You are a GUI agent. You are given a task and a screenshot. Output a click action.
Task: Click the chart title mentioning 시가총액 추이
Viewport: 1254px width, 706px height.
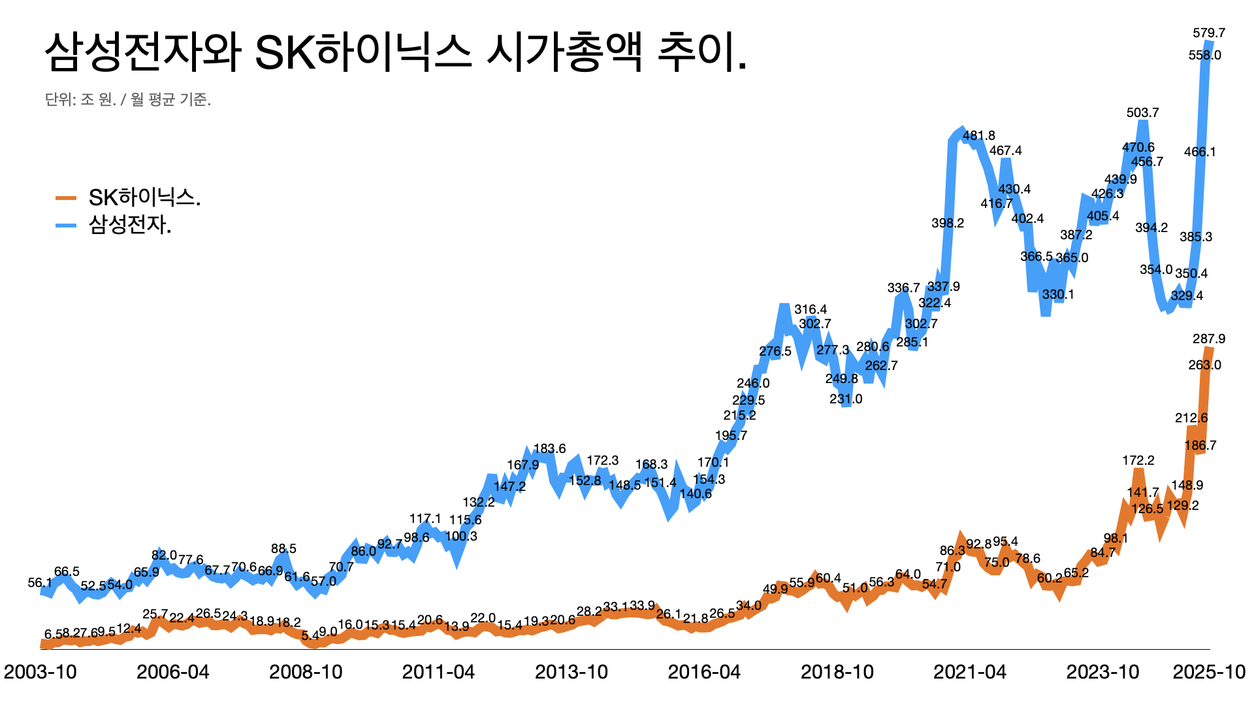coord(395,52)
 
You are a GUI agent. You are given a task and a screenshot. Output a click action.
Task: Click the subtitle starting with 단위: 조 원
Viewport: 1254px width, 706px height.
coord(128,99)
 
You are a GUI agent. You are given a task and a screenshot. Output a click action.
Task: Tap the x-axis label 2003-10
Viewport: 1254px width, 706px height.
coord(40,671)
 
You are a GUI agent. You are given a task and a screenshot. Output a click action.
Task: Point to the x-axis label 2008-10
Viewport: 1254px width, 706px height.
coord(306,671)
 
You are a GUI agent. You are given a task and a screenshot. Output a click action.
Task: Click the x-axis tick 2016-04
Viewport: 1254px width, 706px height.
coord(704,671)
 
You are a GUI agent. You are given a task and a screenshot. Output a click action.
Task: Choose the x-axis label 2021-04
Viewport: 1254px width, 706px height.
coord(970,671)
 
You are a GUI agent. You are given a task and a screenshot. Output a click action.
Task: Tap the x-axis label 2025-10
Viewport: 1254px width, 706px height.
coord(1209,671)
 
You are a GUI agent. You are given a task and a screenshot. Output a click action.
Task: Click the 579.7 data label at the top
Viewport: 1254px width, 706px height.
coord(1209,33)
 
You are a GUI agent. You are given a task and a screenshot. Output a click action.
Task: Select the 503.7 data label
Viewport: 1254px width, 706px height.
coord(1143,112)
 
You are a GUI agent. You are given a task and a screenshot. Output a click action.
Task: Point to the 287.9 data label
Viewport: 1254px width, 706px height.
coord(1209,339)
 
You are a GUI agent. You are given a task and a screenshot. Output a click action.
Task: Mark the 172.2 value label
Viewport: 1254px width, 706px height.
coord(1138,460)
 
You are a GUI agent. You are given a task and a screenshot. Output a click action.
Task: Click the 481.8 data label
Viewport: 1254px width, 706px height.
coord(979,135)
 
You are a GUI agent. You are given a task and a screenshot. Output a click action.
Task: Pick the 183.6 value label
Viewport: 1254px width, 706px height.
coord(550,448)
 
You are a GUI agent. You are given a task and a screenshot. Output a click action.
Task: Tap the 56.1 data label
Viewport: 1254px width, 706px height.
coord(40,582)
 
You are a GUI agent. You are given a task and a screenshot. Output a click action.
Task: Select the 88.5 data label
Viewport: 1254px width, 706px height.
coord(283,548)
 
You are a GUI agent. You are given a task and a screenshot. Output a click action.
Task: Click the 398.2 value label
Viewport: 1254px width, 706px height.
coord(948,223)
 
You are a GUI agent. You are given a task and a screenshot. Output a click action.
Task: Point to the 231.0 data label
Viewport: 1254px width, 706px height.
coord(846,399)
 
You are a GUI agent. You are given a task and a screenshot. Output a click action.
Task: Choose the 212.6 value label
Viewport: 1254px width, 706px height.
coord(1191,418)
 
